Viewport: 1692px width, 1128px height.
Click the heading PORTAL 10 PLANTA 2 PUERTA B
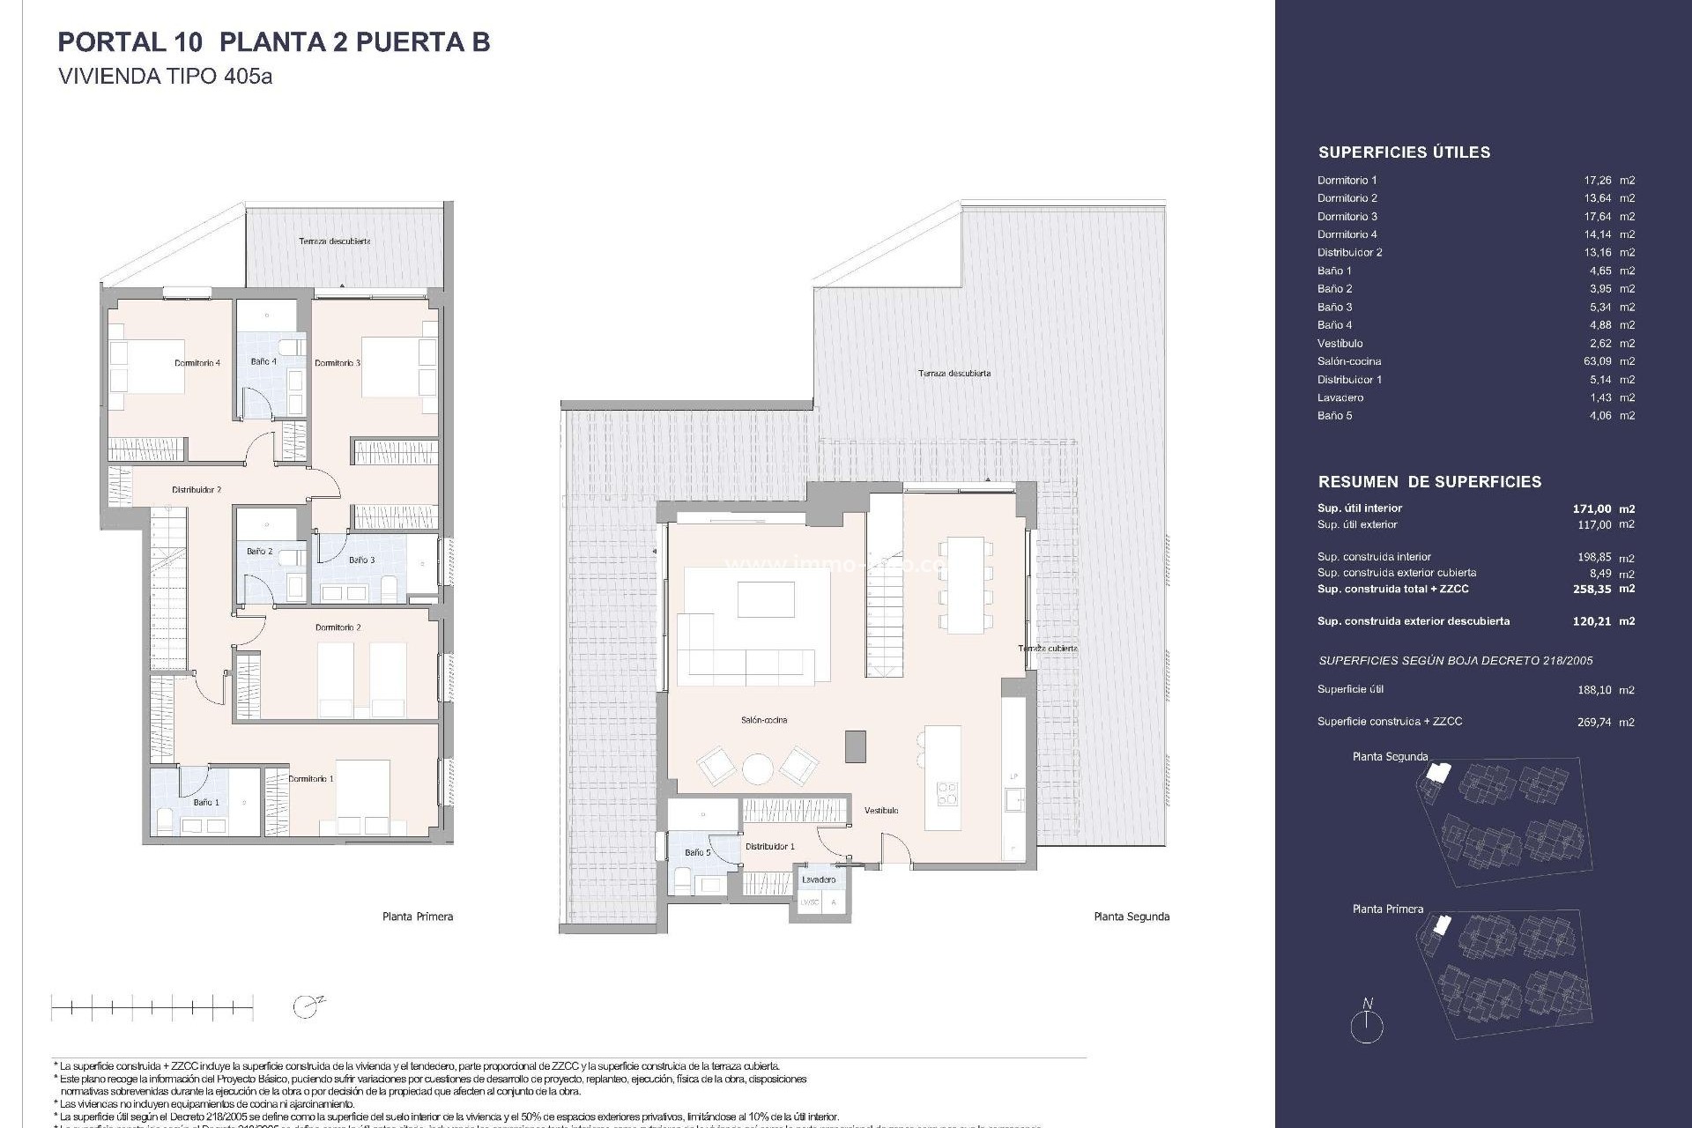(x=273, y=42)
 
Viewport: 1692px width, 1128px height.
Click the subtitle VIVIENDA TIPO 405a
(x=165, y=77)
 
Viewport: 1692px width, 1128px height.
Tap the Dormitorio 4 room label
(x=197, y=363)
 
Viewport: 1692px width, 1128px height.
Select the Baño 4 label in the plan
(x=263, y=361)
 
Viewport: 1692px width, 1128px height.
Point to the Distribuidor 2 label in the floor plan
(x=197, y=490)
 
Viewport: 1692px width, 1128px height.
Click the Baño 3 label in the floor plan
(x=361, y=560)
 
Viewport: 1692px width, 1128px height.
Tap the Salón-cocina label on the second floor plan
(x=764, y=720)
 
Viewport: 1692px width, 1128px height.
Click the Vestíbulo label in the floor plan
(x=881, y=810)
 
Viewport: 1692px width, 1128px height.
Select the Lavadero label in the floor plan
(x=819, y=879)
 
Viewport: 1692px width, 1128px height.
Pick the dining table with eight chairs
(x=965, y=584)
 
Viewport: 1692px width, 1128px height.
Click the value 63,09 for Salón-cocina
(x=1597, y=361)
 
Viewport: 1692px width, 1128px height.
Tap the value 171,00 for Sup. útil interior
(x=1592, y=508)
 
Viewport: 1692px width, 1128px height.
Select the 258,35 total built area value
(x=1592, y=589)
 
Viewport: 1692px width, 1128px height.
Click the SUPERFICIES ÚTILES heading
(x=1404, y=152)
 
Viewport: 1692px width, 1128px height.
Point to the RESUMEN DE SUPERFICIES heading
(x=1429, y=482)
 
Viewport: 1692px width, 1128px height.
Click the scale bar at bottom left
(x=152, y=1006)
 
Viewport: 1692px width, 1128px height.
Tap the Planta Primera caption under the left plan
(x=418, y=916)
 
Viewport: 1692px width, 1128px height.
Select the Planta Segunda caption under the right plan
(x=1132, y=916)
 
